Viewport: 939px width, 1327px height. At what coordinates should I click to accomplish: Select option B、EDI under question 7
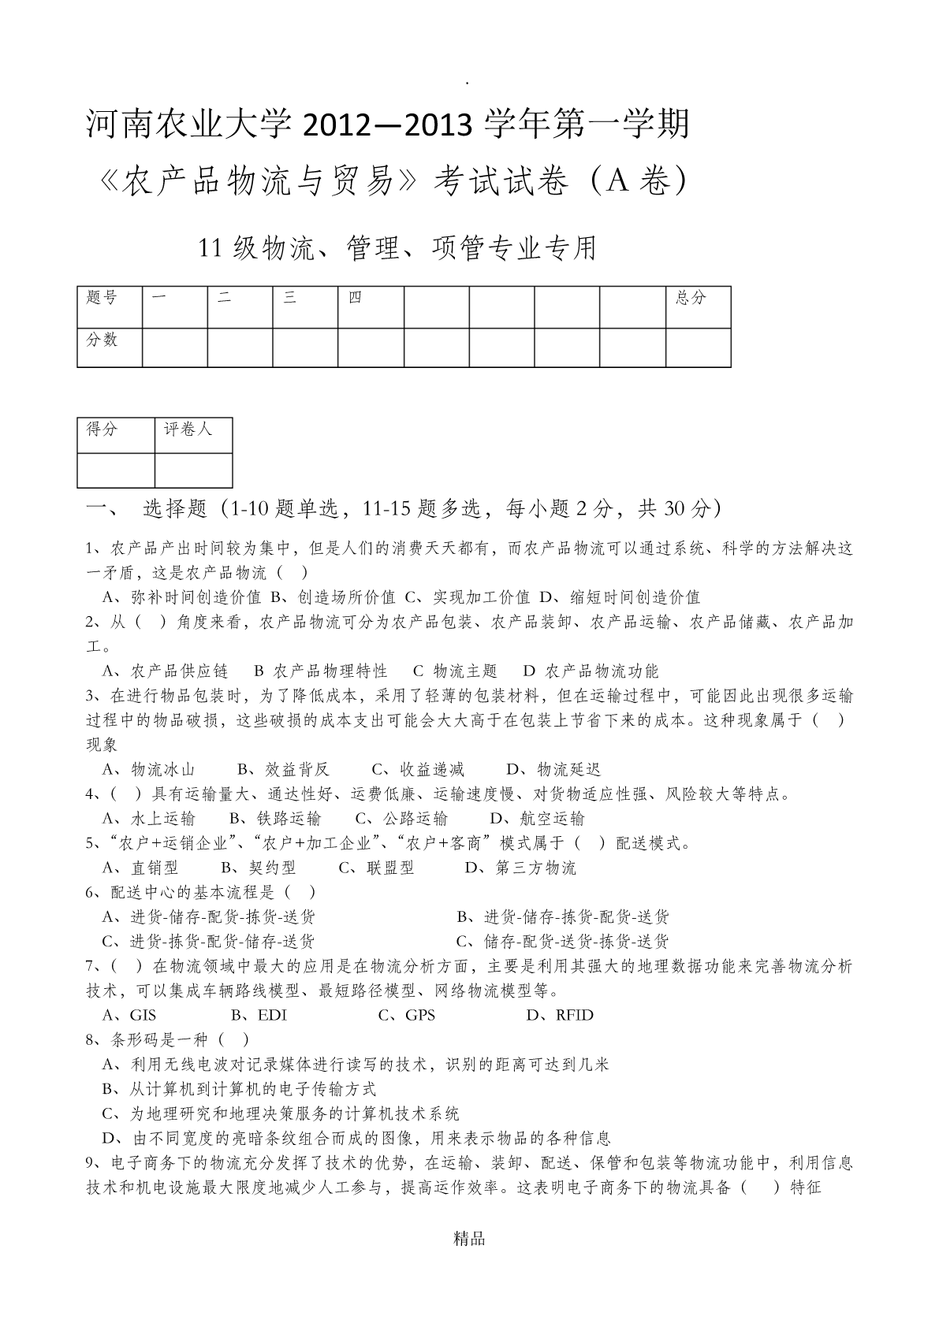pyautogui.click(x=259, y=1015)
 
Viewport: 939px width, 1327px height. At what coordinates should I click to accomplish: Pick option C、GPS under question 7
pyautogui.click(x=407, y=1015)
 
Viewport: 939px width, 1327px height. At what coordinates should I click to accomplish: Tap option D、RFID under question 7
pyautogui.click(x=560, y=1015)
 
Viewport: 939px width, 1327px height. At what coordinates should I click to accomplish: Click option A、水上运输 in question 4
pyautogui.click(x=149, y=818)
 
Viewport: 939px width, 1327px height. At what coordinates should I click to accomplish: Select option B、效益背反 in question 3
pyautogui.click(x=284, y=769)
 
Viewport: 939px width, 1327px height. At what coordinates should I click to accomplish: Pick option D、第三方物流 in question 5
pyautogui.click(x=520, y=868)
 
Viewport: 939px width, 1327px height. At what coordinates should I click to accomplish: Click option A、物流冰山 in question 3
pyautogui.click(x=149, y=769)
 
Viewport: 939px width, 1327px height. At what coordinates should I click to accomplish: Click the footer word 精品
pyautogui.click(x=469, y=1239)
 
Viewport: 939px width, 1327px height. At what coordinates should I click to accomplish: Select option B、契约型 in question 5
pyautogui.click(x=259, y=868)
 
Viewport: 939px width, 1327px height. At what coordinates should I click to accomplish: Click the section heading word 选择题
pyautogui.click(x=174, y=509)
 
